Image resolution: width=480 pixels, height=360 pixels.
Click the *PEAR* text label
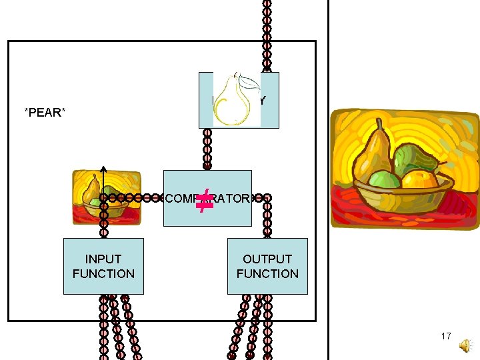click(45, 112)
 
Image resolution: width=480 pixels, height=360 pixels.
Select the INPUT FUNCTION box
click(103, 266)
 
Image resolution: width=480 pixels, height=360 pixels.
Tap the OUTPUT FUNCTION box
click(267, 266)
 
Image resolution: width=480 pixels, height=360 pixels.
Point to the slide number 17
click(446, 336)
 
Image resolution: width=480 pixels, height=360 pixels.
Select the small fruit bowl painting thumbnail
click(106, 197)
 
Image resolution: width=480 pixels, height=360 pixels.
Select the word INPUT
click(103, 259)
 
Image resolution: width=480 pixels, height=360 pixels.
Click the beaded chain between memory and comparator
click(207, 149)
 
